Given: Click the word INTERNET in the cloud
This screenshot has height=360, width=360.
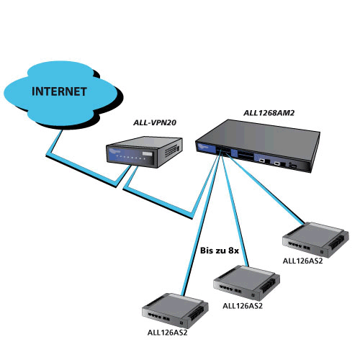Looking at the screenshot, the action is point(59,91).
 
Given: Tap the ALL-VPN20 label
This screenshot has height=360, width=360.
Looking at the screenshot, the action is point(155,122).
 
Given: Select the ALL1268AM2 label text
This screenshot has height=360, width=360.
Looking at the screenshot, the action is point(269,113).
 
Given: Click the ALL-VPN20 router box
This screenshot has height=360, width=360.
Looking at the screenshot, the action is point(144,152).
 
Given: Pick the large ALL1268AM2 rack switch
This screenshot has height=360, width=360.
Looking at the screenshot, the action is point(258,146).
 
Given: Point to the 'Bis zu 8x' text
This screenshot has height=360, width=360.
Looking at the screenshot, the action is point(220,251).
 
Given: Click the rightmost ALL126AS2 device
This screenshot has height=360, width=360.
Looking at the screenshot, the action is point(315,240).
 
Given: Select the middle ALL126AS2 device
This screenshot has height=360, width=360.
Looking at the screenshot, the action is point(246,283).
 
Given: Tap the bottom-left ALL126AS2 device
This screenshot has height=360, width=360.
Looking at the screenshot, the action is point(175,311).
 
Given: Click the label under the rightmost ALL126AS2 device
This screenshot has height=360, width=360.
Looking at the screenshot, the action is point(302,261).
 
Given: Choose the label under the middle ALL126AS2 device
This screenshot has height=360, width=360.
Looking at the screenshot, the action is point(243,306).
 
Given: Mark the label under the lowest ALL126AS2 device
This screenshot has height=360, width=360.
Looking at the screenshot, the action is point(167,333).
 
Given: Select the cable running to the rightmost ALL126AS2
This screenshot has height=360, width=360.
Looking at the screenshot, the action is point(265,189).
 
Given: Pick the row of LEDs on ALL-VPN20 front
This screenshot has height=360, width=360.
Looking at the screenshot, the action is point(130,158).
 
